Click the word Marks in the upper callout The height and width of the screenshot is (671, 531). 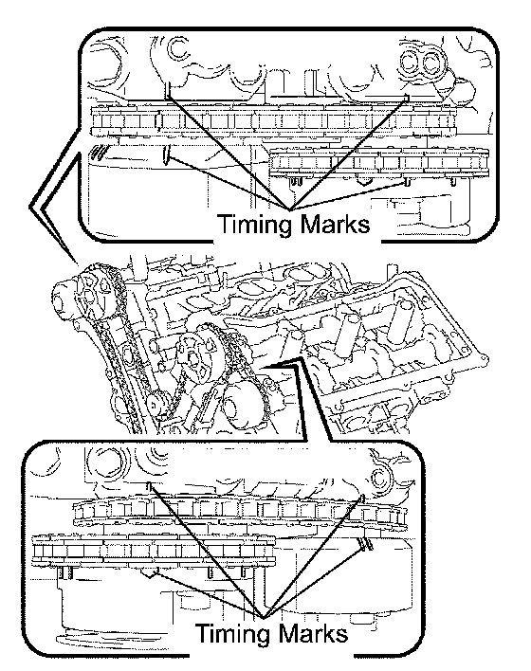334,224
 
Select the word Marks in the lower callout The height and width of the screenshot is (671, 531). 312,633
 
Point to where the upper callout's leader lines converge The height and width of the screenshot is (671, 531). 290,209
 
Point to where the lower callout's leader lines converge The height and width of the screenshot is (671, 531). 264,618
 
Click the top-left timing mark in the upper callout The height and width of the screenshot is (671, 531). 168,90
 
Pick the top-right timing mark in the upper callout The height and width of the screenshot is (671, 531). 406,98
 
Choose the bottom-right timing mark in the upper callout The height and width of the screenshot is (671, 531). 407,183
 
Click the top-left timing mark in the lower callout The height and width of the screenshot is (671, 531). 150,485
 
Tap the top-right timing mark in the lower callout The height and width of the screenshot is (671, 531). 362,499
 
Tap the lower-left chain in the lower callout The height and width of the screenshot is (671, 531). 154,552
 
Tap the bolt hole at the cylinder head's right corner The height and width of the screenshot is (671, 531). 484,356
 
